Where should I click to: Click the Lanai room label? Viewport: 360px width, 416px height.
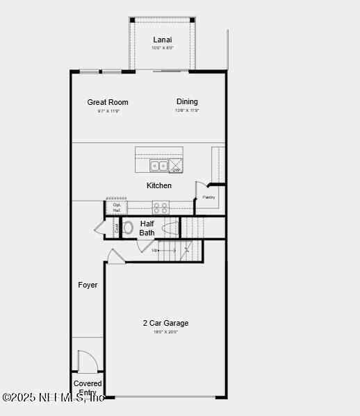pyautogui.click(x=163, y=40)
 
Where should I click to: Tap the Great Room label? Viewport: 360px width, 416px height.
pyautogui.click(x=108, y=102)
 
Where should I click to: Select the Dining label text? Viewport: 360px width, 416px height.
pyautogui.click(x=187, y=101)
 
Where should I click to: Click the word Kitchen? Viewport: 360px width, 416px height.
pyautogui.click(x=158, y=185)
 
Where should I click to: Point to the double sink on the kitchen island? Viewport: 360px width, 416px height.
pyautogui.click(x=158, y=166)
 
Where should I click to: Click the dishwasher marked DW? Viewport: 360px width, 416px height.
pyautogui.click(x=177, y=166)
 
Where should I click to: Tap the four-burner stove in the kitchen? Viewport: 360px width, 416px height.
pyautogui.click(x=161, y=207)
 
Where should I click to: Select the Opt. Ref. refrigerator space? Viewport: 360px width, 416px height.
pyautogui.click(x=117, y=207)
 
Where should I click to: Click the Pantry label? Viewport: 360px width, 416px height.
pyautogui.click(x=208, y=197)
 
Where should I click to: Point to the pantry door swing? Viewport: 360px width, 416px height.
pyautogui.click(x=200, y=188)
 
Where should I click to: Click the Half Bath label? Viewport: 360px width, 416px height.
pyautogui.click(x=147, y=228)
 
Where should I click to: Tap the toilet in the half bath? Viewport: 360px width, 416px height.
pyautogui.click(x=128, y=227)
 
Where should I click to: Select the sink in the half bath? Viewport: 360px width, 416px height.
pyautogui.click(x=169, y=227)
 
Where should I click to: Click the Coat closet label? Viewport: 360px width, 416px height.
pyautogui.click(x=116, y=228)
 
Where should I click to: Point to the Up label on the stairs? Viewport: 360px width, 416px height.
pyautogui.click(x=145, y=250)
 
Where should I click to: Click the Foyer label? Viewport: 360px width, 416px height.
pyautogui.click(x=88, y=285)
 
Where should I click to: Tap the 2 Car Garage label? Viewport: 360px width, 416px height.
pyautogui.click(x=165, y=323)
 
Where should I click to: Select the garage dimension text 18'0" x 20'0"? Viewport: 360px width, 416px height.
pyautogui.click(x=165, y=332)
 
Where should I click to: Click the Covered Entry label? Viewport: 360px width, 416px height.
pyautogui.click(x=88, y=388)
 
